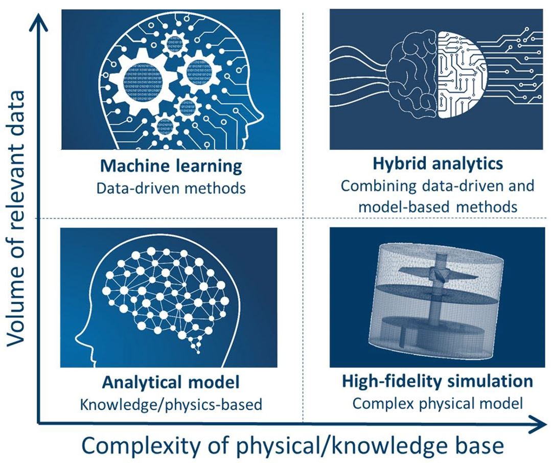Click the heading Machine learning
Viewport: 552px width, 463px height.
point(171,166)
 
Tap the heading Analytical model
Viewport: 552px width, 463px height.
point(171,382)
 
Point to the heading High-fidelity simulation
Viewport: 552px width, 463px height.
point(438,381)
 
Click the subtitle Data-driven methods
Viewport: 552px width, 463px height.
point(171,188)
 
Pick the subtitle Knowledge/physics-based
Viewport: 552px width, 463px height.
point(171,404)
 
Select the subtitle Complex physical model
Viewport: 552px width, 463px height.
point(438,403)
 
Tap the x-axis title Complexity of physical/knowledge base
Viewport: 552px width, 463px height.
point(292,445)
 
